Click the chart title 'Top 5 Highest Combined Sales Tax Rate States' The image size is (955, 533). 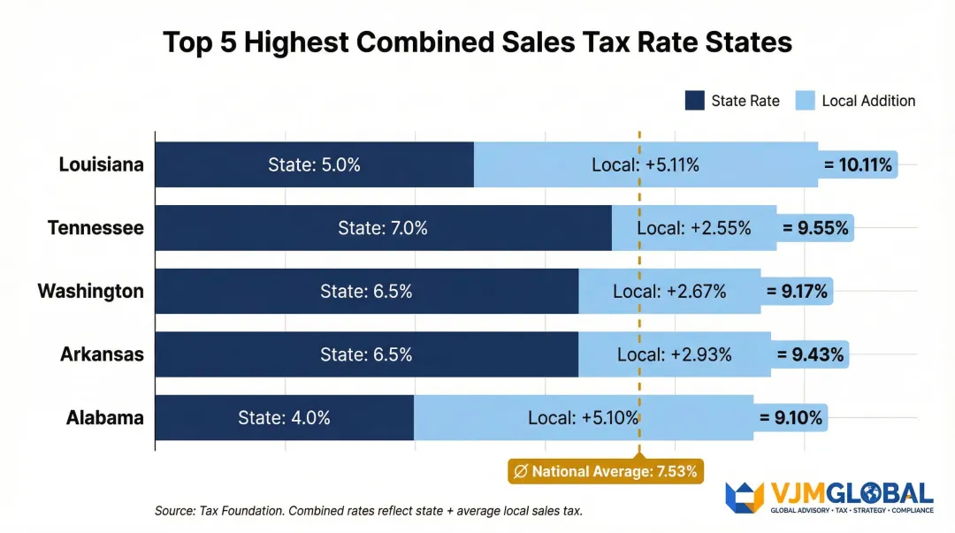[477, 42]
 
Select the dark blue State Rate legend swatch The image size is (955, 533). [694, 101]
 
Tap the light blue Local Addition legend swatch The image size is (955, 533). [805, 101]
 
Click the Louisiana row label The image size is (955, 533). [101, 164]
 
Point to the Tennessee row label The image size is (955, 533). [95, 228]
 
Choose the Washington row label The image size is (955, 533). [90, 291]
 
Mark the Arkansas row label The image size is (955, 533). [102, 354]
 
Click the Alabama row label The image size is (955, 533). [104, 418]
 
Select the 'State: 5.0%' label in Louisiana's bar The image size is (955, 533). [314, 164]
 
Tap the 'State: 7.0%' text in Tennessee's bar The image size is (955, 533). [382, 228]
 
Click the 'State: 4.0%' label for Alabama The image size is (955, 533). [284, 418]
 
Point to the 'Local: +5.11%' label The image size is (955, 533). [646, 164]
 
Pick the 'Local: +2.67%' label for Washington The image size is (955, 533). [669, 291]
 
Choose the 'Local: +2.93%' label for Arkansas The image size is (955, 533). [674, 354]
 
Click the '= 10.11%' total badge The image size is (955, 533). [858, 164]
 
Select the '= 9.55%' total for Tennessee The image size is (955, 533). [815, 228]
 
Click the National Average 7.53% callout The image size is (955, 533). [606, 471]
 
